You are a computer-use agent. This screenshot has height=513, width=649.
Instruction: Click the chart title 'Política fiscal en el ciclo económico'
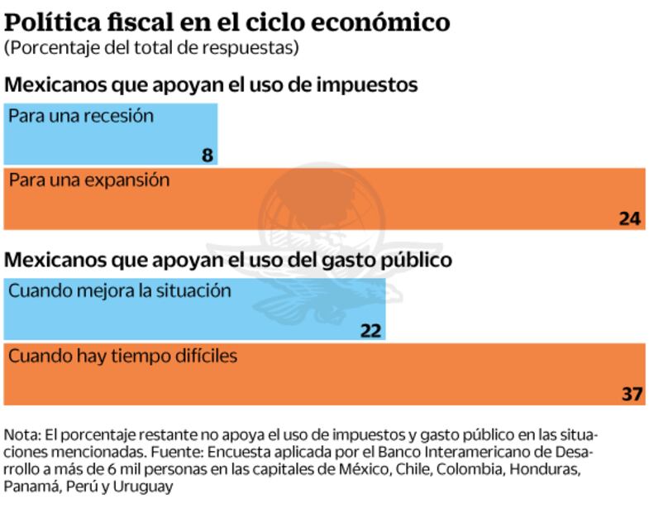pyautogui.click(x=227, y=21)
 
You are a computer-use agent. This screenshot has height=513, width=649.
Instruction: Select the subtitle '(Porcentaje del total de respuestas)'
pyautogui.click(x=150, y=47)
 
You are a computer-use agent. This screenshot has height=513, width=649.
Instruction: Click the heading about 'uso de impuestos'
pyautogui.click(x=211, y=84)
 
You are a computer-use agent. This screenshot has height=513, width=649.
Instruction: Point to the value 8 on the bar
pyautogui.click(x=207, y=155)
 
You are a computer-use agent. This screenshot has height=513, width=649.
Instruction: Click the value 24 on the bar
pyautogui.click(x=630, y=218)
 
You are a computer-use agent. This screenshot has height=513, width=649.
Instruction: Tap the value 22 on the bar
pyautogui.click(x=371, y=330)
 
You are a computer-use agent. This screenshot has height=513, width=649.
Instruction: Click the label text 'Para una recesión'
pyautogui.click(x=81, y=116)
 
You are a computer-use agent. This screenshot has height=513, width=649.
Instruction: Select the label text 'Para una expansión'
pyautogui.click(x=89, y=180)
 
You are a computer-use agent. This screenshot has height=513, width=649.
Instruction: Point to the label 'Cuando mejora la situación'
pyautogui.click(x=120, y=291)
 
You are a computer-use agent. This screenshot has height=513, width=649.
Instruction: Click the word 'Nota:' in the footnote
pyautogui.click(x=21, y=434)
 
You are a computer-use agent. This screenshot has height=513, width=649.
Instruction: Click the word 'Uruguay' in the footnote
pyautogui.click(x=145, y=487)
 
